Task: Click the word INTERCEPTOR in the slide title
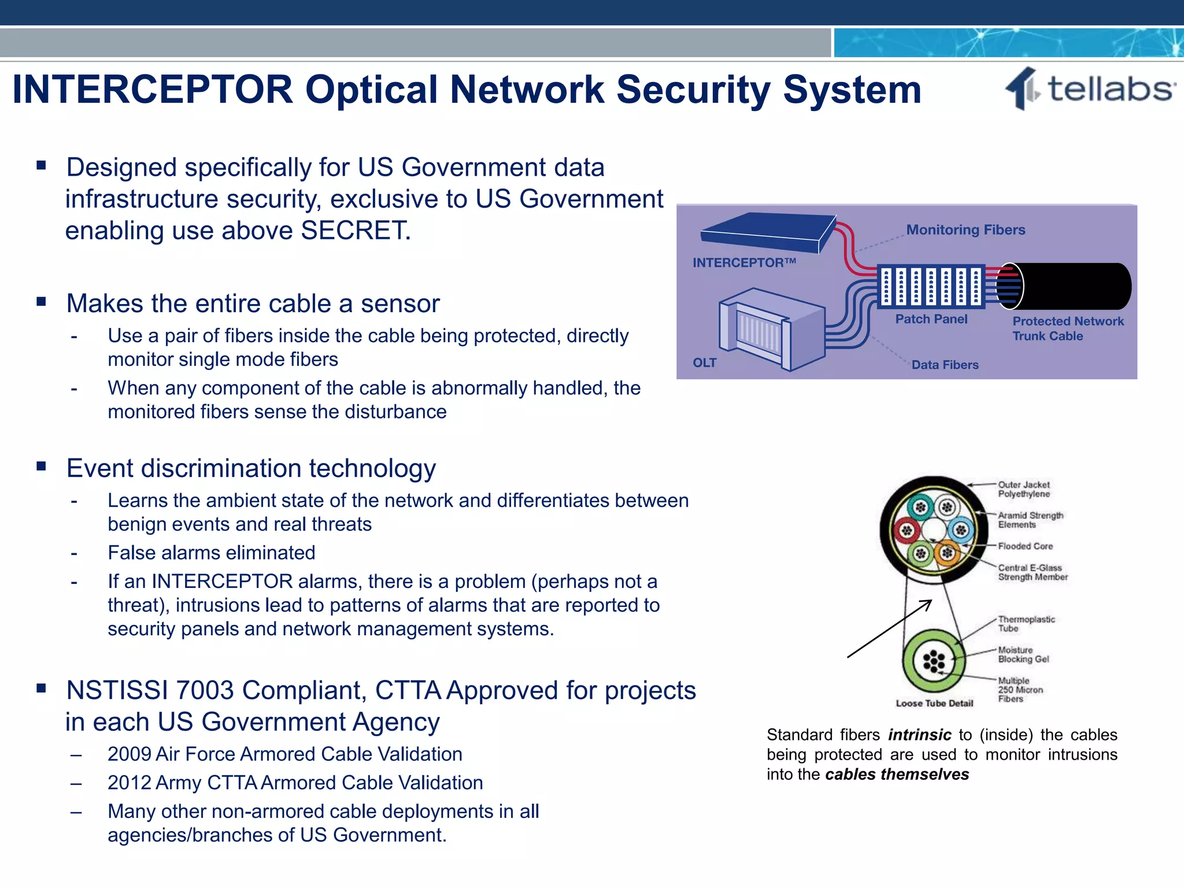point(153,90)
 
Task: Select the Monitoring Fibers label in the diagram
point(965,230)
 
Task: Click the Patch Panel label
point(931,319)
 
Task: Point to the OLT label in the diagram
point(704,363)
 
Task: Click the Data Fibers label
point(945,365)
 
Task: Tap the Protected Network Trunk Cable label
point(1067,328)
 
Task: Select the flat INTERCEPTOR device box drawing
point(768,232)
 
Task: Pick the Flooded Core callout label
point(1025,546)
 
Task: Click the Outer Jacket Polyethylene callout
point(1023,489)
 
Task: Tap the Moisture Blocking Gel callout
point(1023,654)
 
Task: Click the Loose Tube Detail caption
point(934,704)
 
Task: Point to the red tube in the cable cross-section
point(906,530)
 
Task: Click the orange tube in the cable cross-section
point(947,553)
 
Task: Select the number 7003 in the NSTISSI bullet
point(205,691)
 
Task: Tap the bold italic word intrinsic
point(919,735)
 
